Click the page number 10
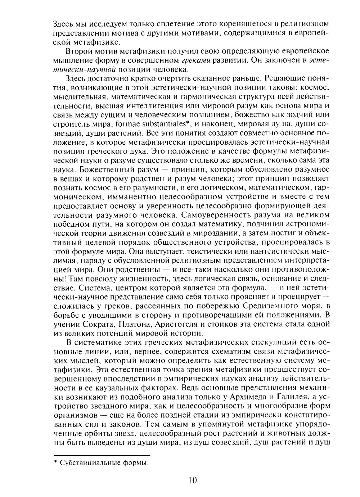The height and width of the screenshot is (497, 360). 192,480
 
